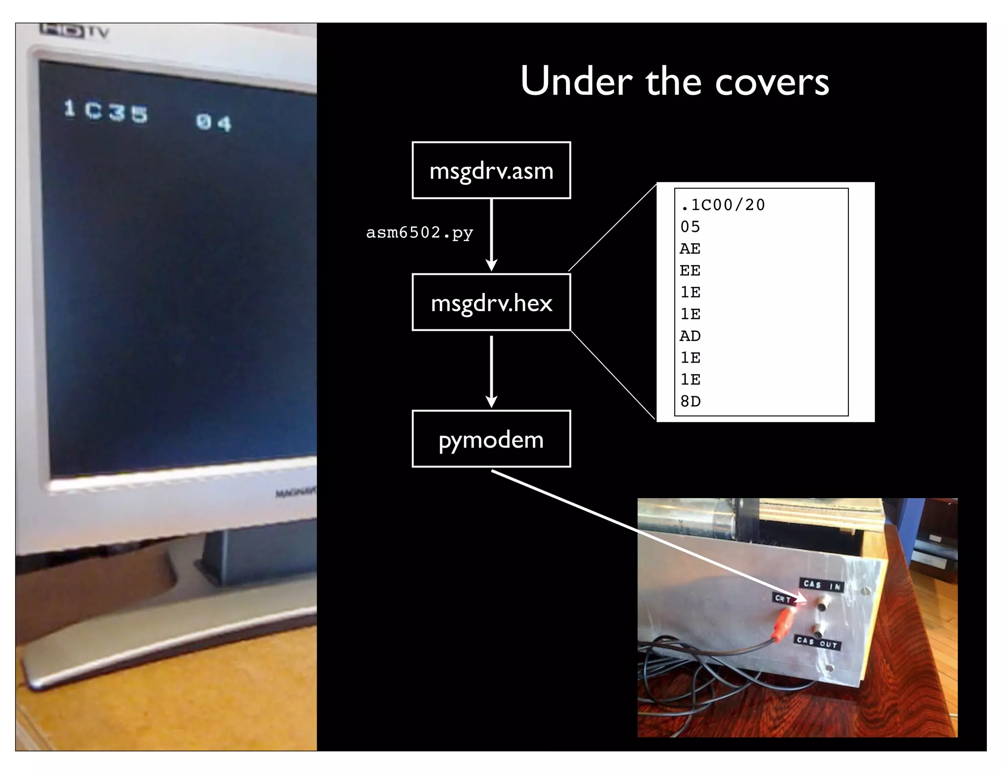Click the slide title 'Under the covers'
(674, 81)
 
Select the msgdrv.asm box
(491, 170)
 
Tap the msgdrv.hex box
(491, 302)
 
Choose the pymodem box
(491, 439)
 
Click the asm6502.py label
(419, 232)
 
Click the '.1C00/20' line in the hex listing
(723, 205)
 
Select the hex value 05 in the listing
(690, 227)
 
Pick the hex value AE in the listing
(690, 249)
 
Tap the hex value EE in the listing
(690, 270)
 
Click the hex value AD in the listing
(690, 336)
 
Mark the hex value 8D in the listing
(690, 401)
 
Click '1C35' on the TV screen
(106, 111)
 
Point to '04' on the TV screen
(213, 122)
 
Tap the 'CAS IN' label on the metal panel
(822, 585)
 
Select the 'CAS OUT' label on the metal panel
(817, 642)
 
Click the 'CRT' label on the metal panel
(782, 598)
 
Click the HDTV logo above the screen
(74, 31)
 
